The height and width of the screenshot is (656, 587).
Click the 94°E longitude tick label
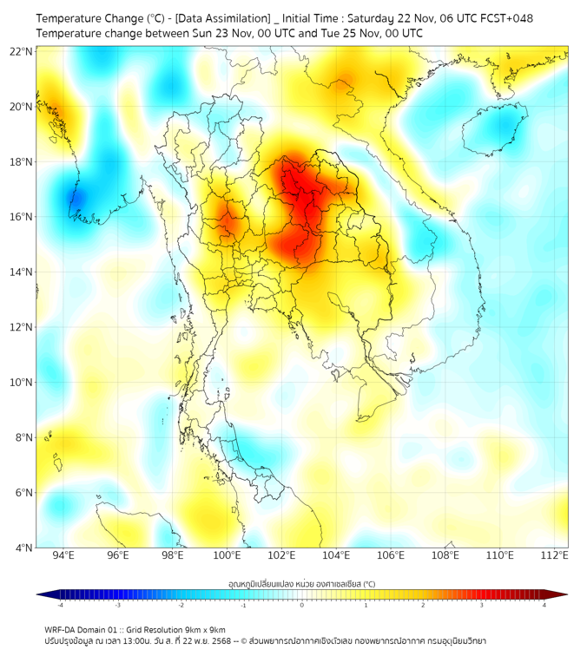(x=63, y=555)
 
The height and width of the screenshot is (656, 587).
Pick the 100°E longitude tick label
(x=228, y=555)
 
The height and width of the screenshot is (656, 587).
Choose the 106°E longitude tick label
(x=392, y=555)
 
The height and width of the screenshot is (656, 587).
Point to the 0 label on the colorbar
(x=302, y=605)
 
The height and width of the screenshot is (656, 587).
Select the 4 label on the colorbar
(x=544, y=605)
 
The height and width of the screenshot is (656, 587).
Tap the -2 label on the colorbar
(x=181, y=605)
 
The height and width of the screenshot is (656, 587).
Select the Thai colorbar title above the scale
(x=301, y=584)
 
